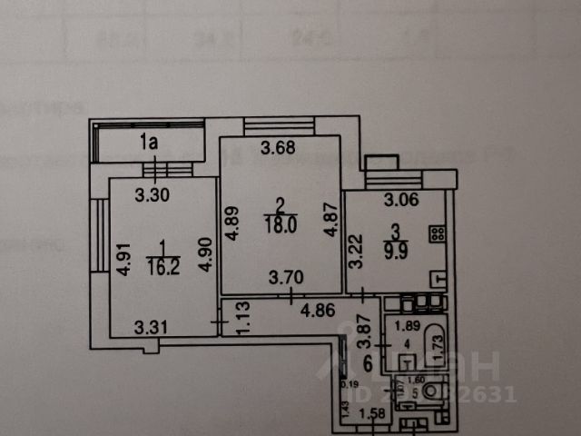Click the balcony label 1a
click(150, 141)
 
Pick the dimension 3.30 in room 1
click(152, 193)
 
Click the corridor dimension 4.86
click(319, 311)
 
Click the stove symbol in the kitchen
click(438, 233)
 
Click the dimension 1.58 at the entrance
click(373, 417)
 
